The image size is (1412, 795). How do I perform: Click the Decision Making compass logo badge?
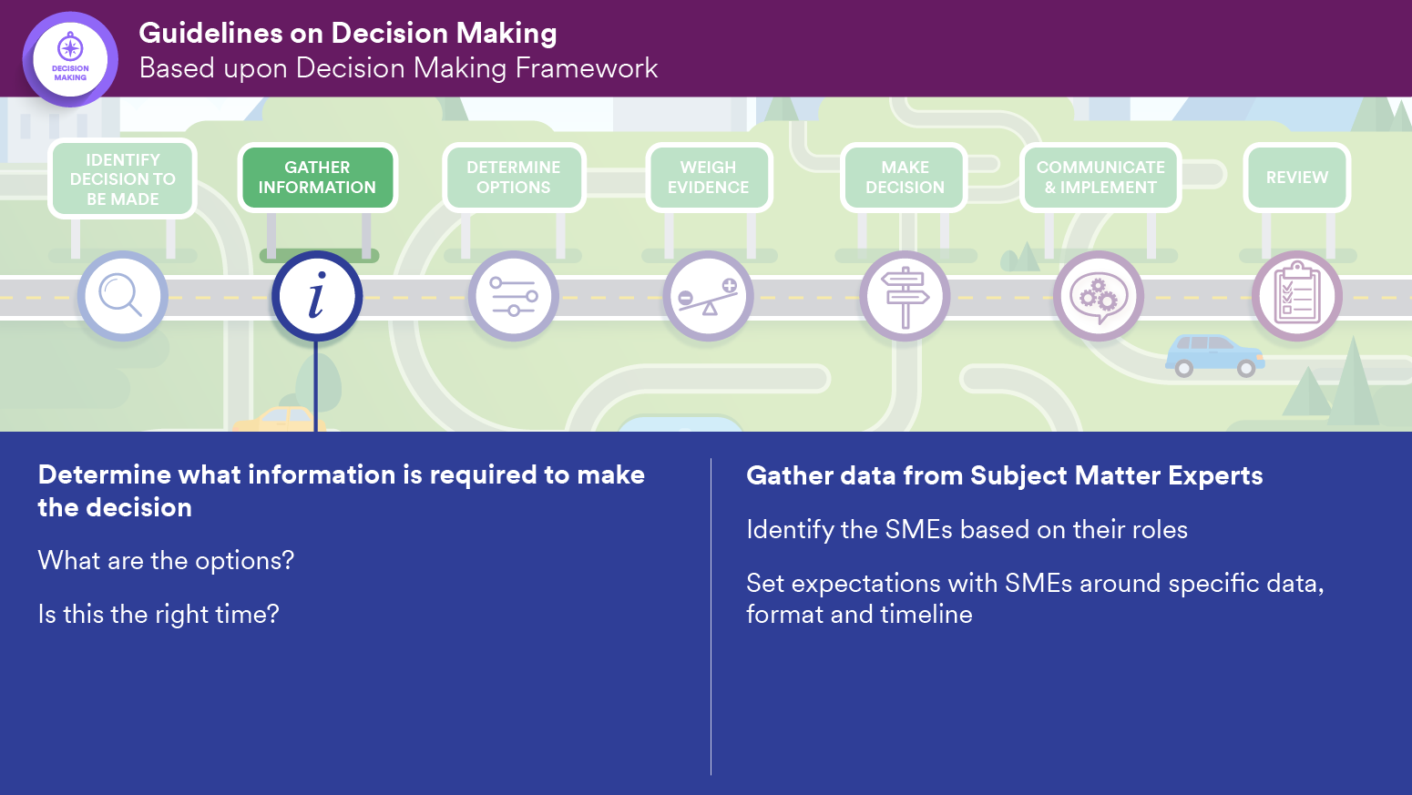(70, 59)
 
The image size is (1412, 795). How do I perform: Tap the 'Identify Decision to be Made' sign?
(123, 178)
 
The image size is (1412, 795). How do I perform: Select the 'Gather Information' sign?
(317, 178)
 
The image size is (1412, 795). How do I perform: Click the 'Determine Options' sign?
(514, 178)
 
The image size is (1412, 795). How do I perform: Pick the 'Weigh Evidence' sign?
(709, 178)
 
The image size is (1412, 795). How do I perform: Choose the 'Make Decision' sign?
(905, 178)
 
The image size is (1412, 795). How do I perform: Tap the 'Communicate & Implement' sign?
(1100, 178)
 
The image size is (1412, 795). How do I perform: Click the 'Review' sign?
(1297, 178)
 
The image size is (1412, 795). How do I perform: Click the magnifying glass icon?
(122, 296)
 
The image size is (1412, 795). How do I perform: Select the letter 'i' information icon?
(317, 296)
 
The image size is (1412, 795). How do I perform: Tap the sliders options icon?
(514, 296)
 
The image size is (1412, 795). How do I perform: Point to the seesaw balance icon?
(709, 296)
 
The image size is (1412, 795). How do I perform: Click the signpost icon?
(905, 296)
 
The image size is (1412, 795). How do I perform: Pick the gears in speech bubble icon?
(1099, 296)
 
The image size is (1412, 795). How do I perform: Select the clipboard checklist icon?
(1296, 296)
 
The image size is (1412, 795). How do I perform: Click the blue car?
(1214, 356)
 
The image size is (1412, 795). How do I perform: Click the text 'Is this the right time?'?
(159, 615)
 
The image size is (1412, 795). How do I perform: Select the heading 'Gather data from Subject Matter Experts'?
(1004, 476)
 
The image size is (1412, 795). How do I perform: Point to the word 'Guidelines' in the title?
(210, 34)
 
